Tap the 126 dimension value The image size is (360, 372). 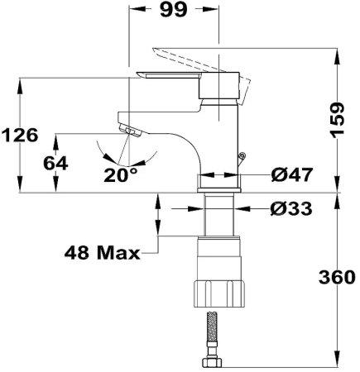19,134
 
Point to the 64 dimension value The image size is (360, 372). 55,164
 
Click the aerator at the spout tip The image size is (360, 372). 131,131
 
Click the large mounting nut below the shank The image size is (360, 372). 219,292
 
